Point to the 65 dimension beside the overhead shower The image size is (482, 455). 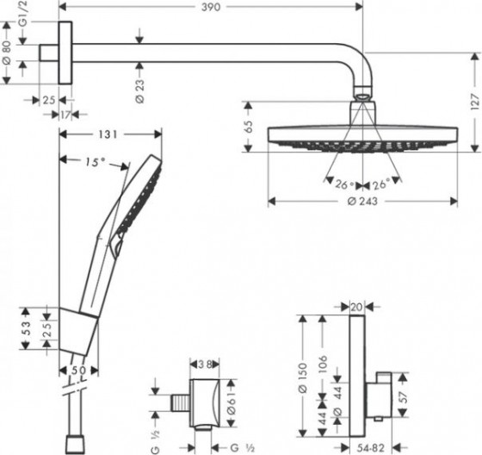pos(250,126)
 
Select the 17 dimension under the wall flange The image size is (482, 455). pos(66,114)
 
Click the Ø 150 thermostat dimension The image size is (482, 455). pos(301,375)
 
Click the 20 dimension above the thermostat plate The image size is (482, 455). pos(355,305)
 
